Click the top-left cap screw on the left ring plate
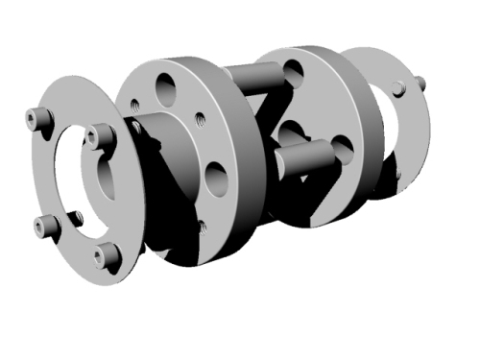click(38, 118)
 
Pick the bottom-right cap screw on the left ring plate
click(108, 254)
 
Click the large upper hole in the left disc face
click(166, 88)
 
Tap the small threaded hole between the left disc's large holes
click(200, 121)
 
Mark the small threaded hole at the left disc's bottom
click(201, 228)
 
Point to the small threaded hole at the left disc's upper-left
click(136, 100)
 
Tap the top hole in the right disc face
click(293, 69)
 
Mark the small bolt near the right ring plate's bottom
click(396, 176)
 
